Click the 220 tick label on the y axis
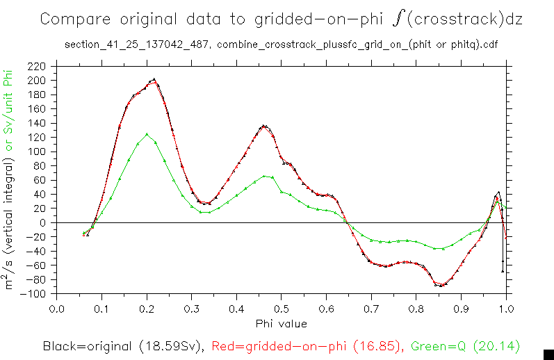click(x=38, y=67)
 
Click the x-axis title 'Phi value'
click(x=282, y=323)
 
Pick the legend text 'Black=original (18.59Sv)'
click(x=122, y=345)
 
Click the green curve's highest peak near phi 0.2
click(x=147, y=134)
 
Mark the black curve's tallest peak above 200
click(x=154, y=79)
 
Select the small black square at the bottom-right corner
click(x=548, y=354)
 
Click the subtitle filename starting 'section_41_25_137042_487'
click(x=138, y=45)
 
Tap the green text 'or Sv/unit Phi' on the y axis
click(x=9, y=112)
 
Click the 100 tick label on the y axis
click(x=38, y=152)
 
